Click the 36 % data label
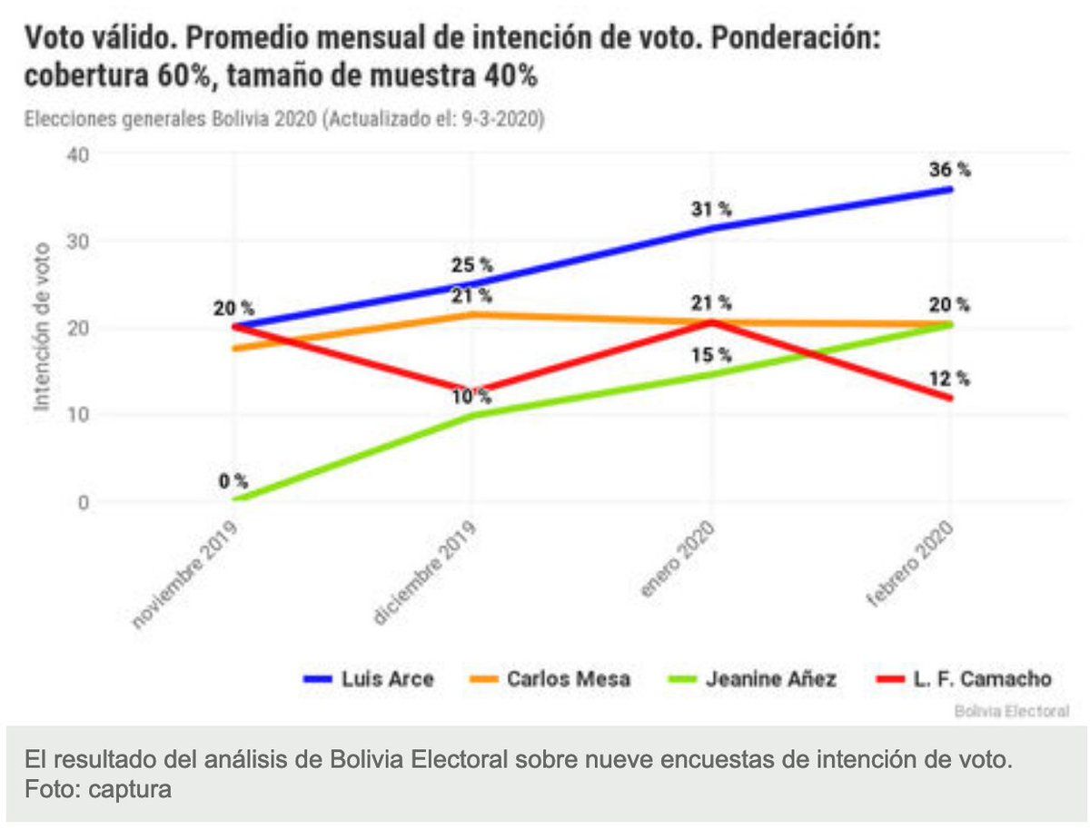[950, 170]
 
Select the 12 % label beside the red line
[950, 379]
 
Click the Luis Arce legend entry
[369, 679]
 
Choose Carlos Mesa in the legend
[550, 679]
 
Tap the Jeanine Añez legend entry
[751, 679]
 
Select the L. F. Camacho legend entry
[963, 679]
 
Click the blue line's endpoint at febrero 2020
[950, 189]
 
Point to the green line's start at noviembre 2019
[236, 498]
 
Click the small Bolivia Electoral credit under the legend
[1011, 711]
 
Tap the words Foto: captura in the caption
[98, 789]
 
